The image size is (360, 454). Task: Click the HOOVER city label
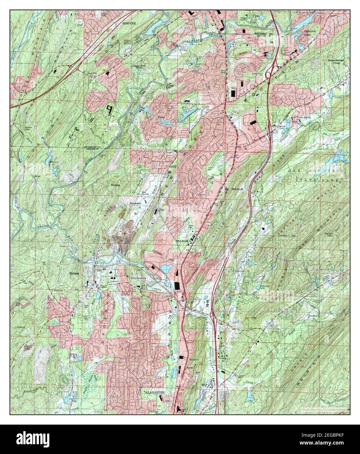click(x=129, y=24)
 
